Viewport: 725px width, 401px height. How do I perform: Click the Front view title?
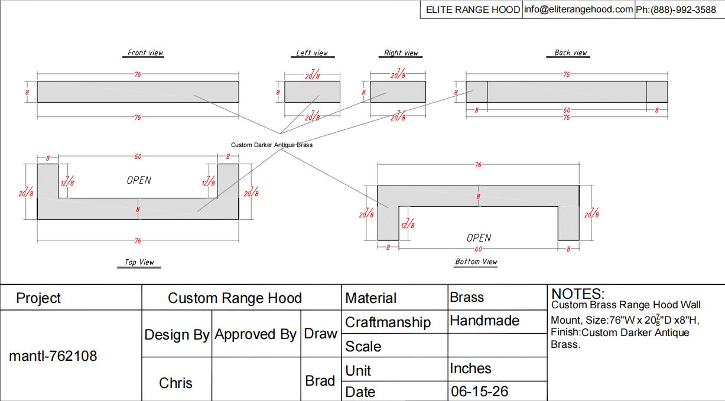tap(145, 53)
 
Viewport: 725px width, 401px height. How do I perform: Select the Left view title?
tap(312, 53)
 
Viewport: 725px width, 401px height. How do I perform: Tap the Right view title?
tap(401, 53)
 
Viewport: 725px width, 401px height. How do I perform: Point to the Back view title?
tap(571, 53)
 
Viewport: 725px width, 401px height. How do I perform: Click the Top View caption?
tap(139, 262)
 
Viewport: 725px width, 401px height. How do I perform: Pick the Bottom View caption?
tap(476, 261)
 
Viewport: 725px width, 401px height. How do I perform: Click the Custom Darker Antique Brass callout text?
tap(272, 145)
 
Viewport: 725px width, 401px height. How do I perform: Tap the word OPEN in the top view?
tap(139, 180)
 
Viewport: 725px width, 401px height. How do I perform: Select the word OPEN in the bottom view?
tap(479, 238)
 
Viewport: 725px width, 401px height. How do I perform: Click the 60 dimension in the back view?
tap(567, 110)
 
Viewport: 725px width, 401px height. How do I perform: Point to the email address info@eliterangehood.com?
tap(578, 9)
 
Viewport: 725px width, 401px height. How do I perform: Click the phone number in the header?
tap(676, 10)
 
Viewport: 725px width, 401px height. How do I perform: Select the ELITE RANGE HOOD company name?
tap(473, 9)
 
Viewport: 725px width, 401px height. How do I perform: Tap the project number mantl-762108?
tap(53, 356)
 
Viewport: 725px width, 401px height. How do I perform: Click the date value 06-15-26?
tap(479, 392)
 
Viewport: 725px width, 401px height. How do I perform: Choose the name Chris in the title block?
tap(175, 383)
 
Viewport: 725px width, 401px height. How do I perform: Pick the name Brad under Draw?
tap(320, 381)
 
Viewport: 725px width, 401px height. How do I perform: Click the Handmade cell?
tap(485, 321)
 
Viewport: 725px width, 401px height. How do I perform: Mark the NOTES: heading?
tap(578, 294)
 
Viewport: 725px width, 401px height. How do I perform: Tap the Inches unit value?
tap(470, 369)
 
